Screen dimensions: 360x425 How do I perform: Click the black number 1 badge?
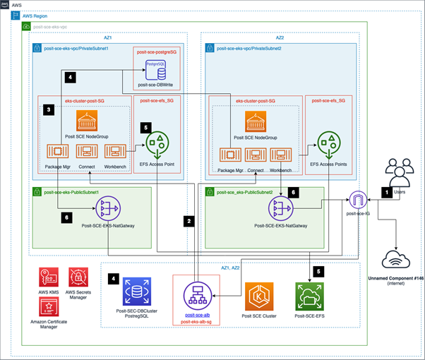[385, 191]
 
